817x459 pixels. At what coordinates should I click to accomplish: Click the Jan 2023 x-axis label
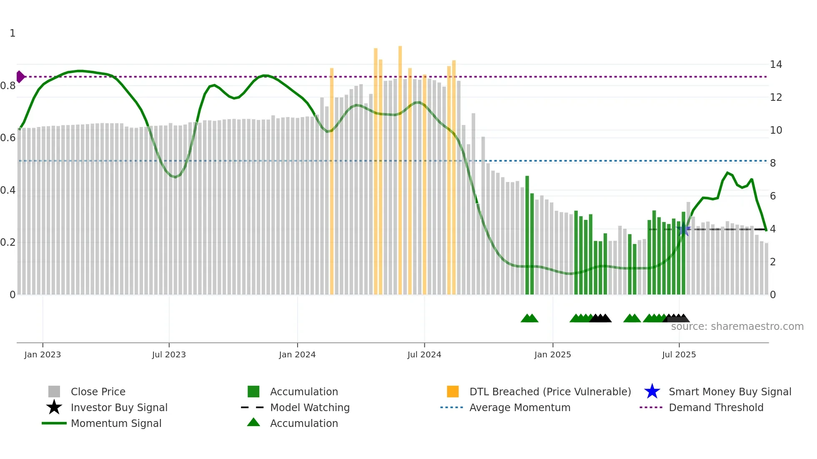[x=43, y=354]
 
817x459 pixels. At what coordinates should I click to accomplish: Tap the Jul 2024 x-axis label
[x=424, y=354]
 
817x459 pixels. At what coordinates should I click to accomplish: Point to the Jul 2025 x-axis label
[x=679, y=354]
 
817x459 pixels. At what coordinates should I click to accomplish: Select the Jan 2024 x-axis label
[x=297, y=354]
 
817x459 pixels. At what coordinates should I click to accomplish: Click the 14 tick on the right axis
[x=776, y=65]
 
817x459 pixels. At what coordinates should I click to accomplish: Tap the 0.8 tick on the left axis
[x=8, y=86]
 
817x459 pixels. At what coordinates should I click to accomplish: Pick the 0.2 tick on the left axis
[x=8, y=242]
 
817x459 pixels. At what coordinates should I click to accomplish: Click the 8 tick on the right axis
[x=773, y=163]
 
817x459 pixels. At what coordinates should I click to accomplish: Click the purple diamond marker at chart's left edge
[x=20, y=77]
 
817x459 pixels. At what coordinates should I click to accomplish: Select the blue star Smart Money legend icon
[x=652, y=392]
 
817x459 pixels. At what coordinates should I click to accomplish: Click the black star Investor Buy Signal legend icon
[x=54, y=407]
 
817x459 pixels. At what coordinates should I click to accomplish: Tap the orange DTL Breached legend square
[x=453, y=392]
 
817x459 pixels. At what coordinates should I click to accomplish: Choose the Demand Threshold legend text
[x=716, y=407]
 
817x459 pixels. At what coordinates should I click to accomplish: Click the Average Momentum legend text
[x=520, y=407]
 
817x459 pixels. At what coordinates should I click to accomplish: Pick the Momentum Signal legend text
[x=116, y=423]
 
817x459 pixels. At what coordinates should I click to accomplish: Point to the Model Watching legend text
[x=310, y=407]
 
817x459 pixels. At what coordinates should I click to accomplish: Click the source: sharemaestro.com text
[x=737, y=327]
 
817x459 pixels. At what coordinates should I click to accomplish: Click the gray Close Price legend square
[x=54, y=392]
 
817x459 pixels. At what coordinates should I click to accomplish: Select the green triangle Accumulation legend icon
[x=253, y=422]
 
